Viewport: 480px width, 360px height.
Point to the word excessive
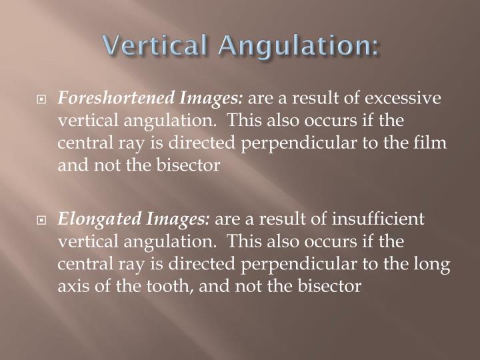tap(405, 99)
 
